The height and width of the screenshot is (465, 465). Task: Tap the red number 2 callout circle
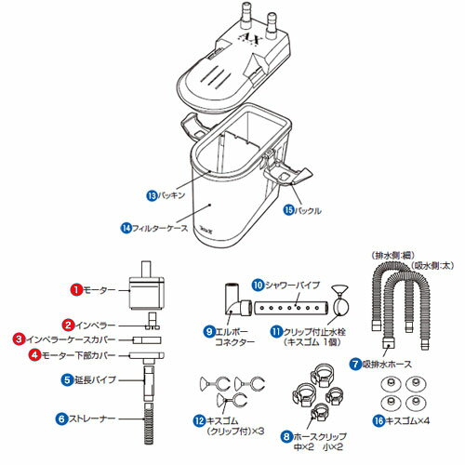[67, 325]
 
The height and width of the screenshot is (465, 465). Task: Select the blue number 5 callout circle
[67, 379]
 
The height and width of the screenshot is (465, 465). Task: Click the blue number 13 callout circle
[152, 197]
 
